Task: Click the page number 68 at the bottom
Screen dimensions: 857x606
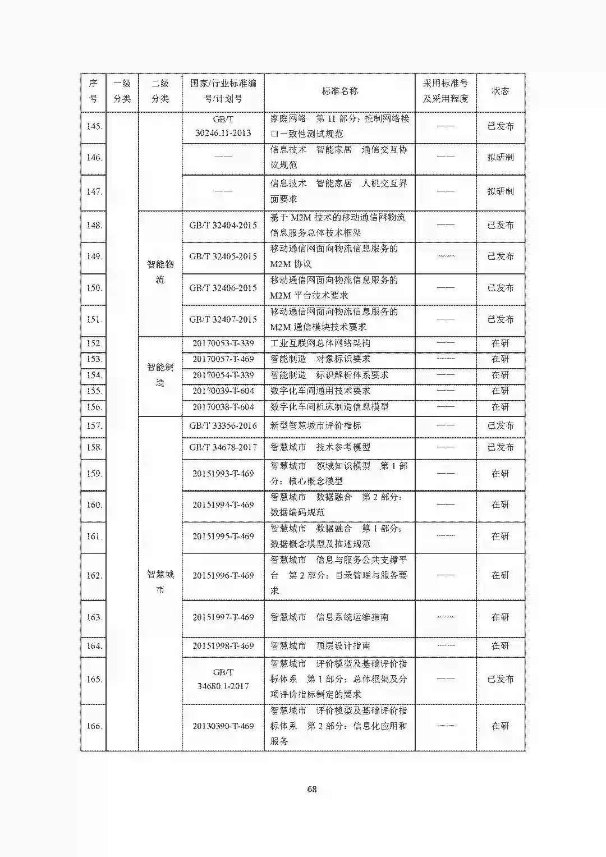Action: [x=312, y=789]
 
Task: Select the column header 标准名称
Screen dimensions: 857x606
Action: [x=339, y=91]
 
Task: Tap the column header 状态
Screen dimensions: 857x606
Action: [x=500, y=91]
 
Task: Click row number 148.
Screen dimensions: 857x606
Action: [x=94, y=225]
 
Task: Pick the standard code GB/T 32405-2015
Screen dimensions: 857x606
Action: [x=223, y=256]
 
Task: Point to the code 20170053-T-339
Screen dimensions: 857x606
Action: [x=223, y=343]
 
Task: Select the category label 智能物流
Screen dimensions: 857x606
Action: [x=160, y=272]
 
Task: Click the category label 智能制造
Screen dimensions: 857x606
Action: [x=160, y=375]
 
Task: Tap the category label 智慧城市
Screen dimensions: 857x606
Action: [x=160, y=581]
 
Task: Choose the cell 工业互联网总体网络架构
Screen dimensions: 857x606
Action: [x=320, y=343]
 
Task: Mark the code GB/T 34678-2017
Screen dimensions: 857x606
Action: [x=223, y=447]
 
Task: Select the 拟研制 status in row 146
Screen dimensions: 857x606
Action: [x=500, y=157]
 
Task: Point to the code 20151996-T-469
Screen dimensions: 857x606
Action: [x=223, y=575]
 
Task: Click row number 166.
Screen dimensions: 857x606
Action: [x=94, y=726]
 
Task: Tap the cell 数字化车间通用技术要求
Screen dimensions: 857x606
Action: [x=320, y=391]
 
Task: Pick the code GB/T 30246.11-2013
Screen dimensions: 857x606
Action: [x=223, y=126]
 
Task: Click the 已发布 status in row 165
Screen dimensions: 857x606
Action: [x=500, y=679]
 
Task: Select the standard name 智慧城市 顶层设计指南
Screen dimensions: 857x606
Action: [x=320, y=645]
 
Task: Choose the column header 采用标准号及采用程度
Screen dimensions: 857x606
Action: [x=445, y=91]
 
